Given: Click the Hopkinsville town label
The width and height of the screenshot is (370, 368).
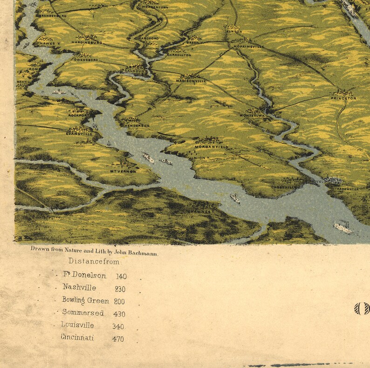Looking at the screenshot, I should [249, 47].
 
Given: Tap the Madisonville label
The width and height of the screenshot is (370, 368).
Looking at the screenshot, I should [191, 81].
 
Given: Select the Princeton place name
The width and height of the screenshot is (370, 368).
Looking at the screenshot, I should [343, 98].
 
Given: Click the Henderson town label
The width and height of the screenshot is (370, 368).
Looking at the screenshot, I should [137, 125].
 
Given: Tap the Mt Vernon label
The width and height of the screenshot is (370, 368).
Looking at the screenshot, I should [122, 171].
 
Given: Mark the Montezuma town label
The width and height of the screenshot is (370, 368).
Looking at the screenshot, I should [252, 115].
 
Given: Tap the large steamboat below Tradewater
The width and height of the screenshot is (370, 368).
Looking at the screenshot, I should [343, 228].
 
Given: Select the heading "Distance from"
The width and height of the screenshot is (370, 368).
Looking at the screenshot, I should [94, 262].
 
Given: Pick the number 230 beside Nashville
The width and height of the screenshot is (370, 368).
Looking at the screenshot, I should [119, 289].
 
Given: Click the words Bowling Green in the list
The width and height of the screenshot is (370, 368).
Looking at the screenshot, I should [86, 301].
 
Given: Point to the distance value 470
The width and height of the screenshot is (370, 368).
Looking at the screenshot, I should [118, 339].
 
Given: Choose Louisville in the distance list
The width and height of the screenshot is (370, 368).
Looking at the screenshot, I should [77, 325].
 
